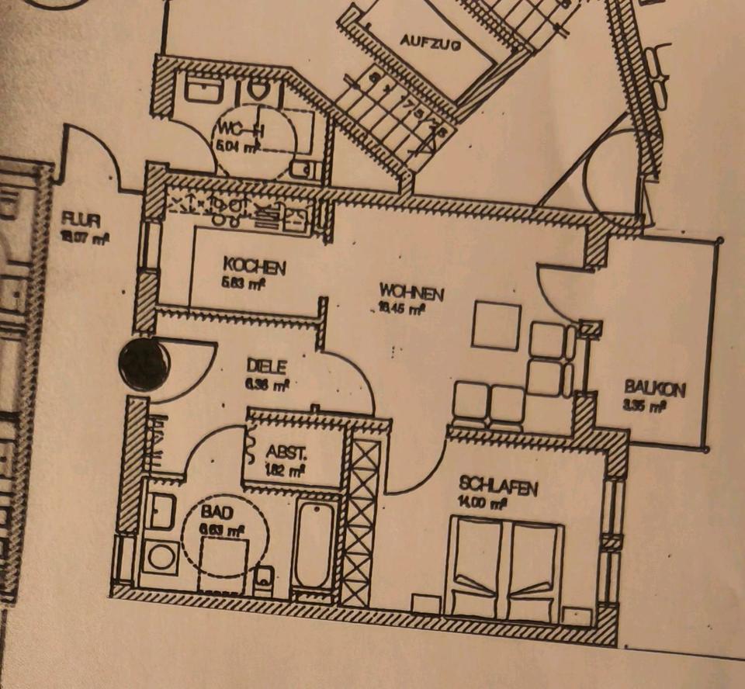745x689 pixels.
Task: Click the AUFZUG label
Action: [431, 43]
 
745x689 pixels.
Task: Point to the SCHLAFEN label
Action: [498, 488]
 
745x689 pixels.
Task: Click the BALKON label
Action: [654, 387]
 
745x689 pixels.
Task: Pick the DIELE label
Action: [266, 365]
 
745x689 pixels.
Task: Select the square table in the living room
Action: [496, 325]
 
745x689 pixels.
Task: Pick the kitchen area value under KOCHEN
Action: [244, 283]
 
